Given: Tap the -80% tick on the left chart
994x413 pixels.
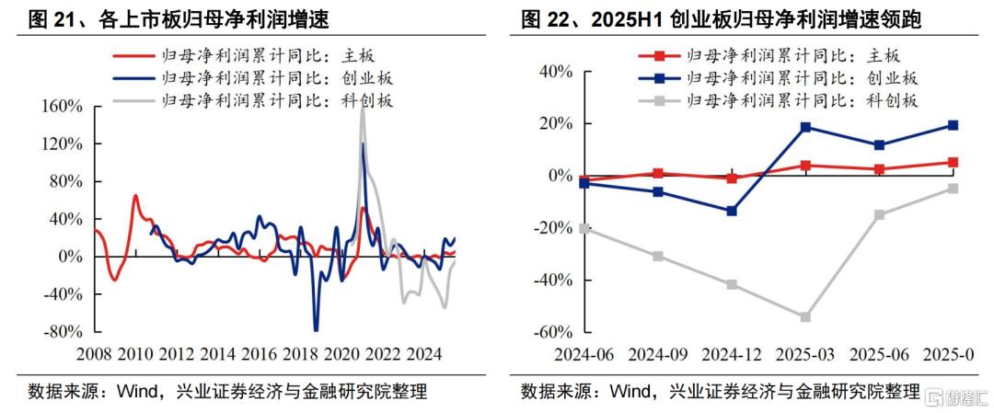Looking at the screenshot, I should pyautogui.click(x=62, y=332).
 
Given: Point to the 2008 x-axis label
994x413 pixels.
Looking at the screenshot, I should pyautogui.click(x=95, y=354).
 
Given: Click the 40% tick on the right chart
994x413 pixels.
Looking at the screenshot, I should pyautogui.click(x=555, y=72).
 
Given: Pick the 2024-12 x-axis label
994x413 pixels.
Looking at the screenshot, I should pyautogui.click(x=732, y=354).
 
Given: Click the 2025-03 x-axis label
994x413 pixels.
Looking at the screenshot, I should pyautogui.click(x=805, y=354).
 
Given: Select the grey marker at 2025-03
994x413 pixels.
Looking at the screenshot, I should pyautogui.click(x=805, y=317).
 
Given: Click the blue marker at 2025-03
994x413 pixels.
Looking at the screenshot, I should pyautogui.click(x=805, y=127).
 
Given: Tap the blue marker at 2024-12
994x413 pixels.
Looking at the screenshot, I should pyautogui.click(x=732, y=212).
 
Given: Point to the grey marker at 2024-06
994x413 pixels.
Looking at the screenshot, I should pyautogui.click(x=584, y=228).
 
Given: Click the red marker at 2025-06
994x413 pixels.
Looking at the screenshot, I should pyautogui.click(x=879, y=169).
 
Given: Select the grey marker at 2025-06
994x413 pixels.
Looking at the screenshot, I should pyautogui.click(x=879, y=215).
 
